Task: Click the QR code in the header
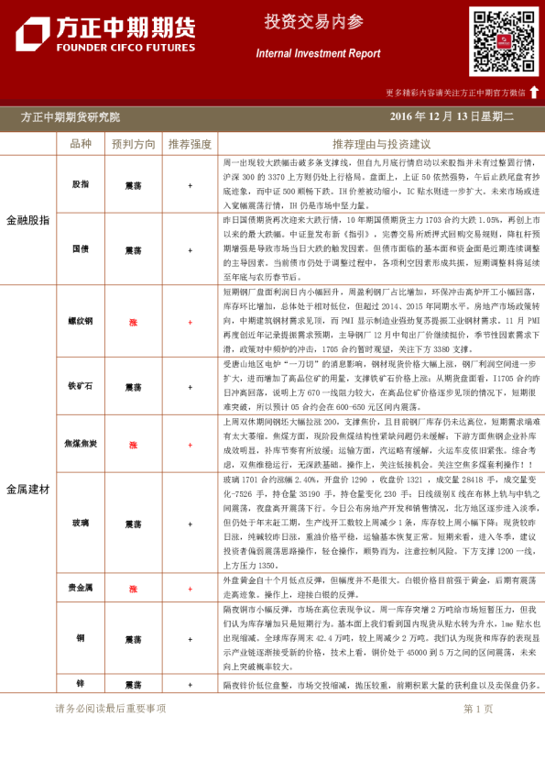[504, 41]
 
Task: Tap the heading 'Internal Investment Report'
[318, 53]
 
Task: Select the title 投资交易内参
[314, 22]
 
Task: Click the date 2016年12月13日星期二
[452, 116]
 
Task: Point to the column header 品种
[81, 144]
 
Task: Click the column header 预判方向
[133, 144]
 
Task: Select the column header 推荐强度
[190, 144]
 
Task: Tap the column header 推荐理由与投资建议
[381, 144]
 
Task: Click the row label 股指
[81, 184]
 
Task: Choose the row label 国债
[81, 249]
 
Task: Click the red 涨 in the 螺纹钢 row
[133, 323]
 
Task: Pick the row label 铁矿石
[81, 386]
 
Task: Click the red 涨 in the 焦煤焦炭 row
[133, 445]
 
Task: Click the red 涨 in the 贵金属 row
[133, 589]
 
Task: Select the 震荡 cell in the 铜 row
[133, 638]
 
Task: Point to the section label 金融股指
[27, 220]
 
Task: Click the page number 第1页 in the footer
[478, 709]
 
